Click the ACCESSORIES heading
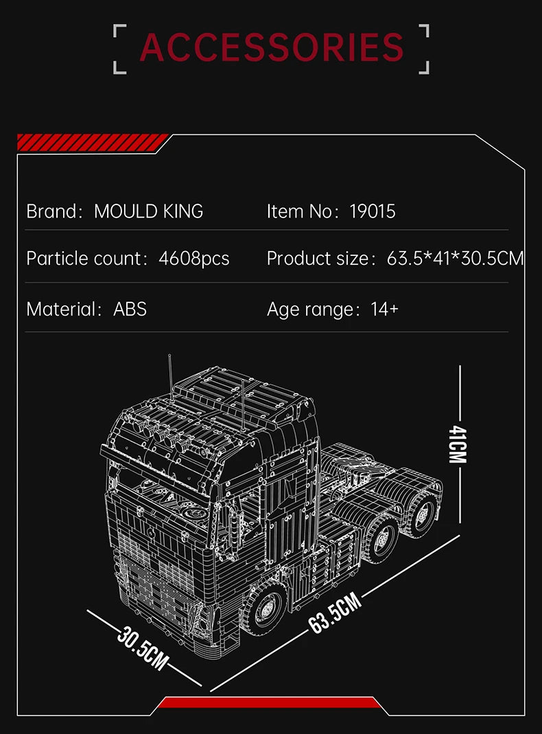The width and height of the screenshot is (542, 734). click(x=272, y=47)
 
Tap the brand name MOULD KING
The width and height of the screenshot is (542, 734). click(x=148, y=211)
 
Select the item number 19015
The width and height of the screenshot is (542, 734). click(x=373, y=211)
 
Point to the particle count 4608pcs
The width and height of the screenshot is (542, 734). click(x=194, y=259)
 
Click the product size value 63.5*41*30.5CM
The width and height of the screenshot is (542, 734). click(x=455, y=259)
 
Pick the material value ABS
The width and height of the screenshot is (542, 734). click(x=130, y=309)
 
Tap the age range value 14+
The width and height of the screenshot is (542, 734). click(x=384, y=309)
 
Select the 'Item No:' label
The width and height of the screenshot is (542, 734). click(x=303, y=211)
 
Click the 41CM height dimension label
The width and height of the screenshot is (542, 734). click(x=458, y=444)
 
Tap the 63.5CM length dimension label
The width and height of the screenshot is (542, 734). click(x=335, y=615)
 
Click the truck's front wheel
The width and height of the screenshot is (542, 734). click(x=263, y=609)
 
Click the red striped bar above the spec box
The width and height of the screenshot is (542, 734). click(x=92, y=142)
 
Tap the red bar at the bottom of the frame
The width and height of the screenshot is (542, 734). click(x=270, y=702)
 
